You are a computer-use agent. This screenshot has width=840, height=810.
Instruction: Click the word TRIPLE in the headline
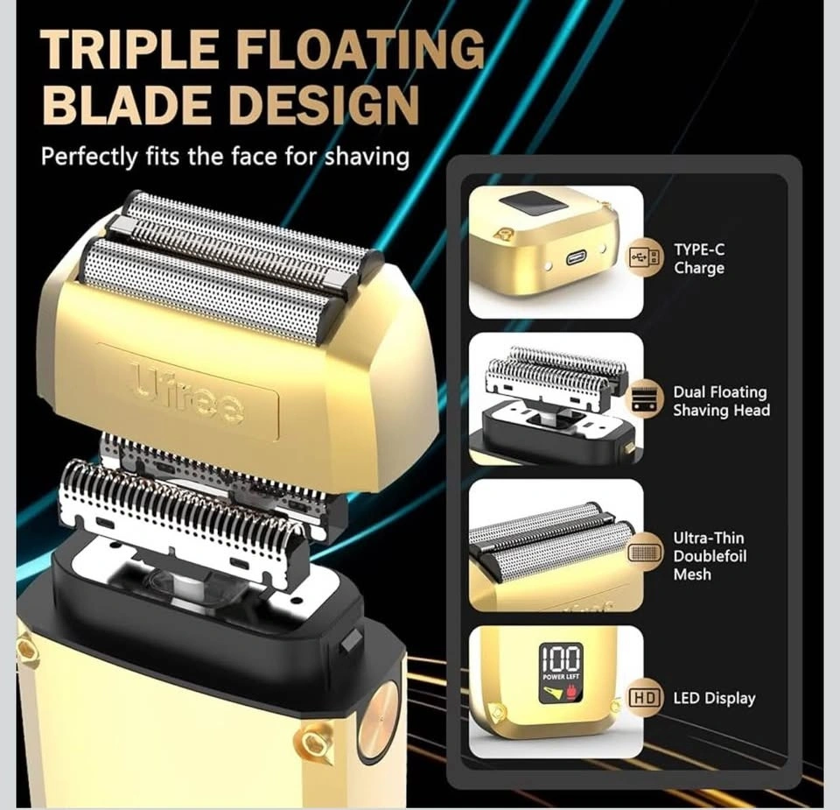pyautogui.click(x=129, y=48)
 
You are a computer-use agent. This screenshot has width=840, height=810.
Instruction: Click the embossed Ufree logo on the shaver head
pyautogui.click(x=187, y=394)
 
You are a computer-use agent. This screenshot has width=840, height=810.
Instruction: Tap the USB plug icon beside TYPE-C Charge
pyautogui.click(x=644, y=257)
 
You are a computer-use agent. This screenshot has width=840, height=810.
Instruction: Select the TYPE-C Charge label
pyautogui.click(x=699, y=258)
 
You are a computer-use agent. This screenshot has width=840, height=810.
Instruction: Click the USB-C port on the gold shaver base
pyautogui.click(x=577, y=257)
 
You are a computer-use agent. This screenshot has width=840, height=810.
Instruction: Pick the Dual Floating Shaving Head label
pyautogui.click(x=721, y=401)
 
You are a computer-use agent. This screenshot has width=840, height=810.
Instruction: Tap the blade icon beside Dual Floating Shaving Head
pyautogui.click(x=644, y=398)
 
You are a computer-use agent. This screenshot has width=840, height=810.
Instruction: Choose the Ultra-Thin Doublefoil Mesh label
pyautogui.click(x=710, y=556)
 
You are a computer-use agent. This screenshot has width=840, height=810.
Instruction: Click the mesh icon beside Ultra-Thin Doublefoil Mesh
pyautogui.click(x=645, y=552)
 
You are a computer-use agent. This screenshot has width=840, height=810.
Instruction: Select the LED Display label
pyautogui.click(x=714, y=698)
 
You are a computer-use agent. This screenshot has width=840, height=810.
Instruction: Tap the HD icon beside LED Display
pyautogui.click(x=645, y=697)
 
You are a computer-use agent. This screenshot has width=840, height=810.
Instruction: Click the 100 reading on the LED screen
pyautogui.click(x=560, y=658)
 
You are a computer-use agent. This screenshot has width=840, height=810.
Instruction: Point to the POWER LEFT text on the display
pyautogui.click(x=560, y=677)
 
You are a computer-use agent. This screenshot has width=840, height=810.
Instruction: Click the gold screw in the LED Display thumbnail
pyautogui.click(x=498, y=711)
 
